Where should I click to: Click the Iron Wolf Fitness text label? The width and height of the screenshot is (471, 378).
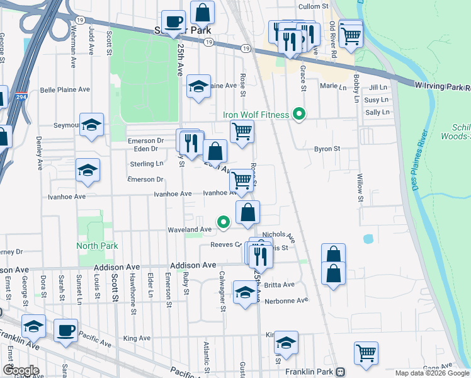[x=256, y=115]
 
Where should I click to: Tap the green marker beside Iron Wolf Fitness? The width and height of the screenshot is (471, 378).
[x=300, y=115]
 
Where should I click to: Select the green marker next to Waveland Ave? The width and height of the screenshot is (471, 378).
[x=223, y=222]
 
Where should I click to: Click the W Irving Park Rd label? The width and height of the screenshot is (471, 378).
[x=443, y=86]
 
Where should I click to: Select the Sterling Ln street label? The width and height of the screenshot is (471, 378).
[x=146, y=164]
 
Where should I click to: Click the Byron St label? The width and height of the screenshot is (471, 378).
[x=327, y=149]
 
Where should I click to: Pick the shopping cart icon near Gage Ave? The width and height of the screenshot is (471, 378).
[x=365, y=354]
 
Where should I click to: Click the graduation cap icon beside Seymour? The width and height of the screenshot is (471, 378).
[x=91, y=125]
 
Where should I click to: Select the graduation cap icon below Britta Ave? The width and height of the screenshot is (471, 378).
[x=244, y=292]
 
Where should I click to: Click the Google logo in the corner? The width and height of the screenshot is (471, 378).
[x=20, y=370]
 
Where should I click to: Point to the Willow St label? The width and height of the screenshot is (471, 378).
[x=360, y=188]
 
